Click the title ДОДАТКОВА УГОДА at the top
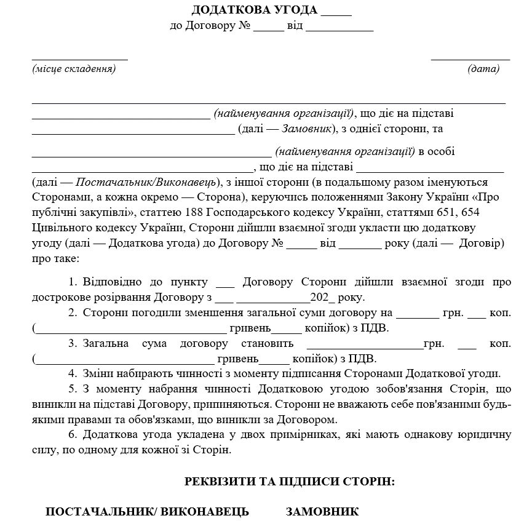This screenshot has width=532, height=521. coord(255,10)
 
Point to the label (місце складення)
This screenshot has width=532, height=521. coord(74,69)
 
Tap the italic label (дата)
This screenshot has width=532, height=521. coord(483,69)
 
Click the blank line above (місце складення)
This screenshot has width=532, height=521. coord(80,59)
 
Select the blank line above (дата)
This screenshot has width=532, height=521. coord(470,59)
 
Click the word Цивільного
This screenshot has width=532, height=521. coord(56,228)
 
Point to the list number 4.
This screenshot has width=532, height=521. coord(71,373)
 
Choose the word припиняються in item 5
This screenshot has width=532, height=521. coord(238,405)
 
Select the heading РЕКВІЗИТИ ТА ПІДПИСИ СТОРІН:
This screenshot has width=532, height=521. coord(290,482)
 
